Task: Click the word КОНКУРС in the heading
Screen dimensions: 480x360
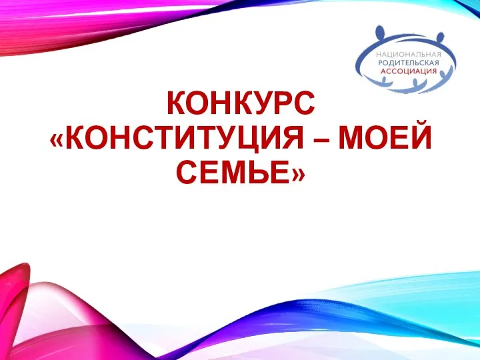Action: [x=241, y=103]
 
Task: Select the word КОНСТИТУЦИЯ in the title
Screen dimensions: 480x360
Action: [x=184, y=138]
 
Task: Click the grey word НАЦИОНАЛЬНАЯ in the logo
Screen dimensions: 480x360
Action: [x=409, y=55]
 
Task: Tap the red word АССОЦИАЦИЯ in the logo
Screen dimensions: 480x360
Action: [x=409, y=71]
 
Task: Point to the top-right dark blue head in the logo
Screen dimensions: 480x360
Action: [x=440, y=37]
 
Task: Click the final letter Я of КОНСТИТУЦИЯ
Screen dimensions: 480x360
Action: [x=292, y=138]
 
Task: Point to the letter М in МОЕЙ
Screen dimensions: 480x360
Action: [x=352, y=138]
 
